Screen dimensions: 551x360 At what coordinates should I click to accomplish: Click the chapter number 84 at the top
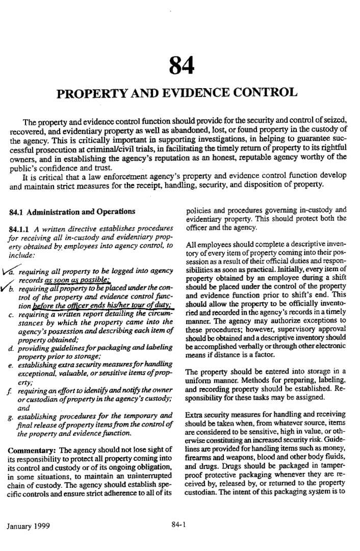[179, 65]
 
